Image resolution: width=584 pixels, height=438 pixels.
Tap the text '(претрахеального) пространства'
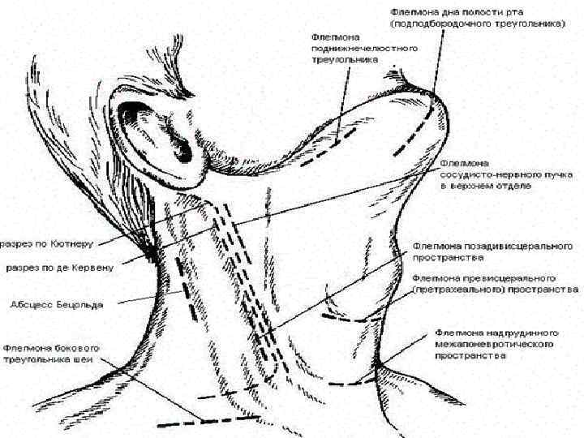tap(494, 288)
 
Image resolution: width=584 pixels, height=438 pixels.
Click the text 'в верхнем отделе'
tap(485, 186)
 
